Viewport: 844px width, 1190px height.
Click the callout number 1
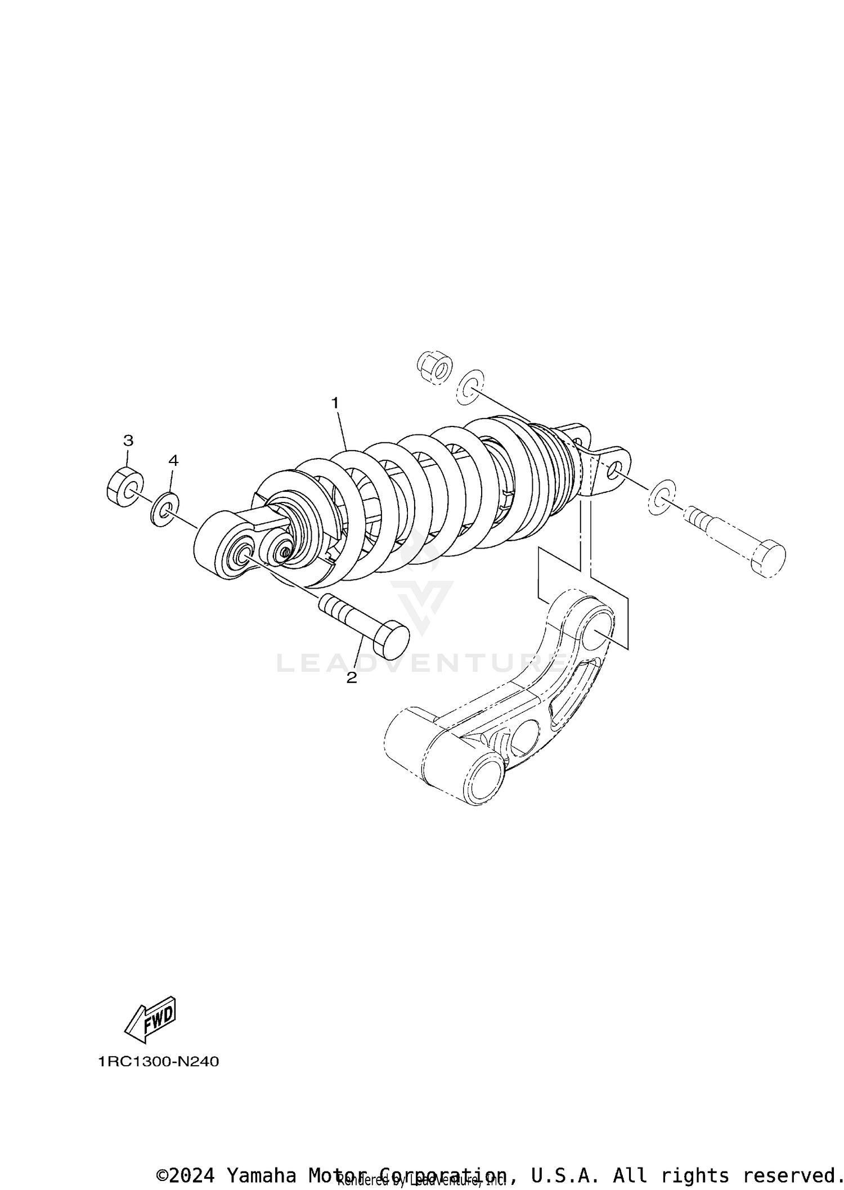[x=335, y=403]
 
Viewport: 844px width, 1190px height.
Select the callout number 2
[x=352, y=678]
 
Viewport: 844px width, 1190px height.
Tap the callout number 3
[x=128, y=439]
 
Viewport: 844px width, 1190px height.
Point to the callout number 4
[x=173, y=460]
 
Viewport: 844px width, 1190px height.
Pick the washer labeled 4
[x=164, y=509]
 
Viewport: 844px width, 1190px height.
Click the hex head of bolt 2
[x=392, y=640]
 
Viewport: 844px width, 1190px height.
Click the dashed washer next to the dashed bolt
[x=662, y=495]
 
